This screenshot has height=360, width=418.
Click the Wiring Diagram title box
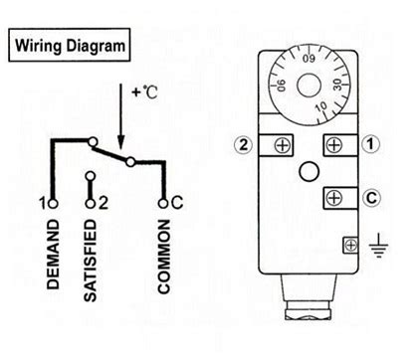click(x=69, y=46)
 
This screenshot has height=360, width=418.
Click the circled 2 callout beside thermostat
click(x=241, y=143)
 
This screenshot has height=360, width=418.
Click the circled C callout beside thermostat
click(x=370, y=197)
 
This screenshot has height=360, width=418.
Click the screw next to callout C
click(x=334, y=197)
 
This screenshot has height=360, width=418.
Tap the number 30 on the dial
click(x=338, y=85)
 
